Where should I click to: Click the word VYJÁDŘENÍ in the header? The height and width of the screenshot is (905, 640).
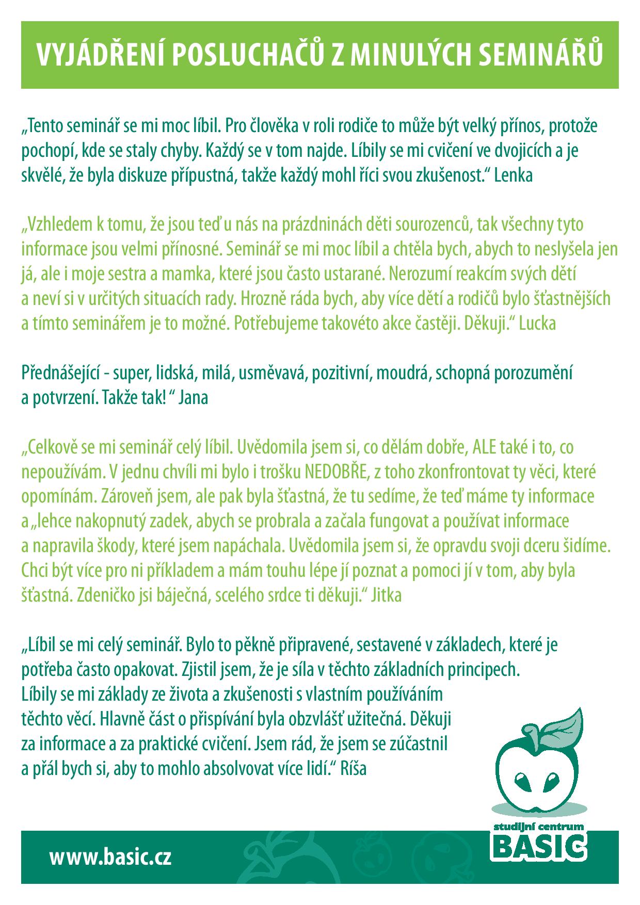[x=98, y=55]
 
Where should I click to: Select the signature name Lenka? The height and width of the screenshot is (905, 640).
[x=513, y=175]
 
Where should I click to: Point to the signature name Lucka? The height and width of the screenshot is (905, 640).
[x=537, y=324]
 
